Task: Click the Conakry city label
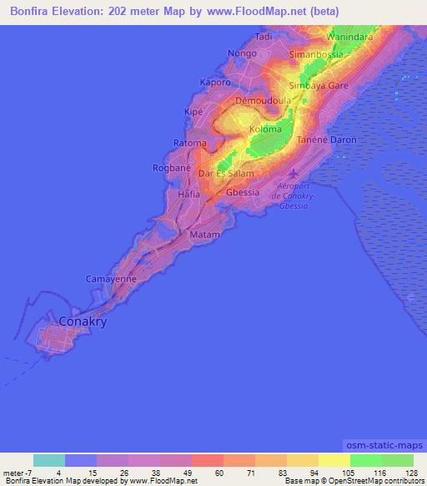(x=84, y=321)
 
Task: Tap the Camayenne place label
(x=110, y=278)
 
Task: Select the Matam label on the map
(x=205, y=235)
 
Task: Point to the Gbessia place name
(x=244, y=192)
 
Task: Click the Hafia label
(x=189, y=194)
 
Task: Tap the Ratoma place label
(x=189, y=143)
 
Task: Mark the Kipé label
(x=193, y=111)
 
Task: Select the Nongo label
(x=242, y=53)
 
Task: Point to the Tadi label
(x=264, y=37)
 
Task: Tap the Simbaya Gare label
(x=319, y=85)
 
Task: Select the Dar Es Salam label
(x=224, y=174)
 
